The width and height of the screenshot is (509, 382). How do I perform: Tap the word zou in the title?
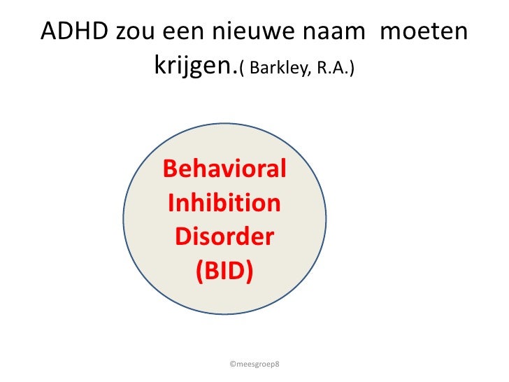coord(136,31)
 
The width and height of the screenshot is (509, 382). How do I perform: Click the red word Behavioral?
coord(224,170)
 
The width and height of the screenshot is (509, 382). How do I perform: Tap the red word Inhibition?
coord(224,204)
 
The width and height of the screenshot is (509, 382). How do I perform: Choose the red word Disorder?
coord(224,237)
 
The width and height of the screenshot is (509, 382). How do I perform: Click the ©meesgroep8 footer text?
coord(254,365)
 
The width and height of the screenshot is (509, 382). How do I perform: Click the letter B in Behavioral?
coord(170,170)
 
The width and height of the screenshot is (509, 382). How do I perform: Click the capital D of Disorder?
coord(182,237)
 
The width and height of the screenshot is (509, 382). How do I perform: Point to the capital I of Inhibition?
coord(172,204)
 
